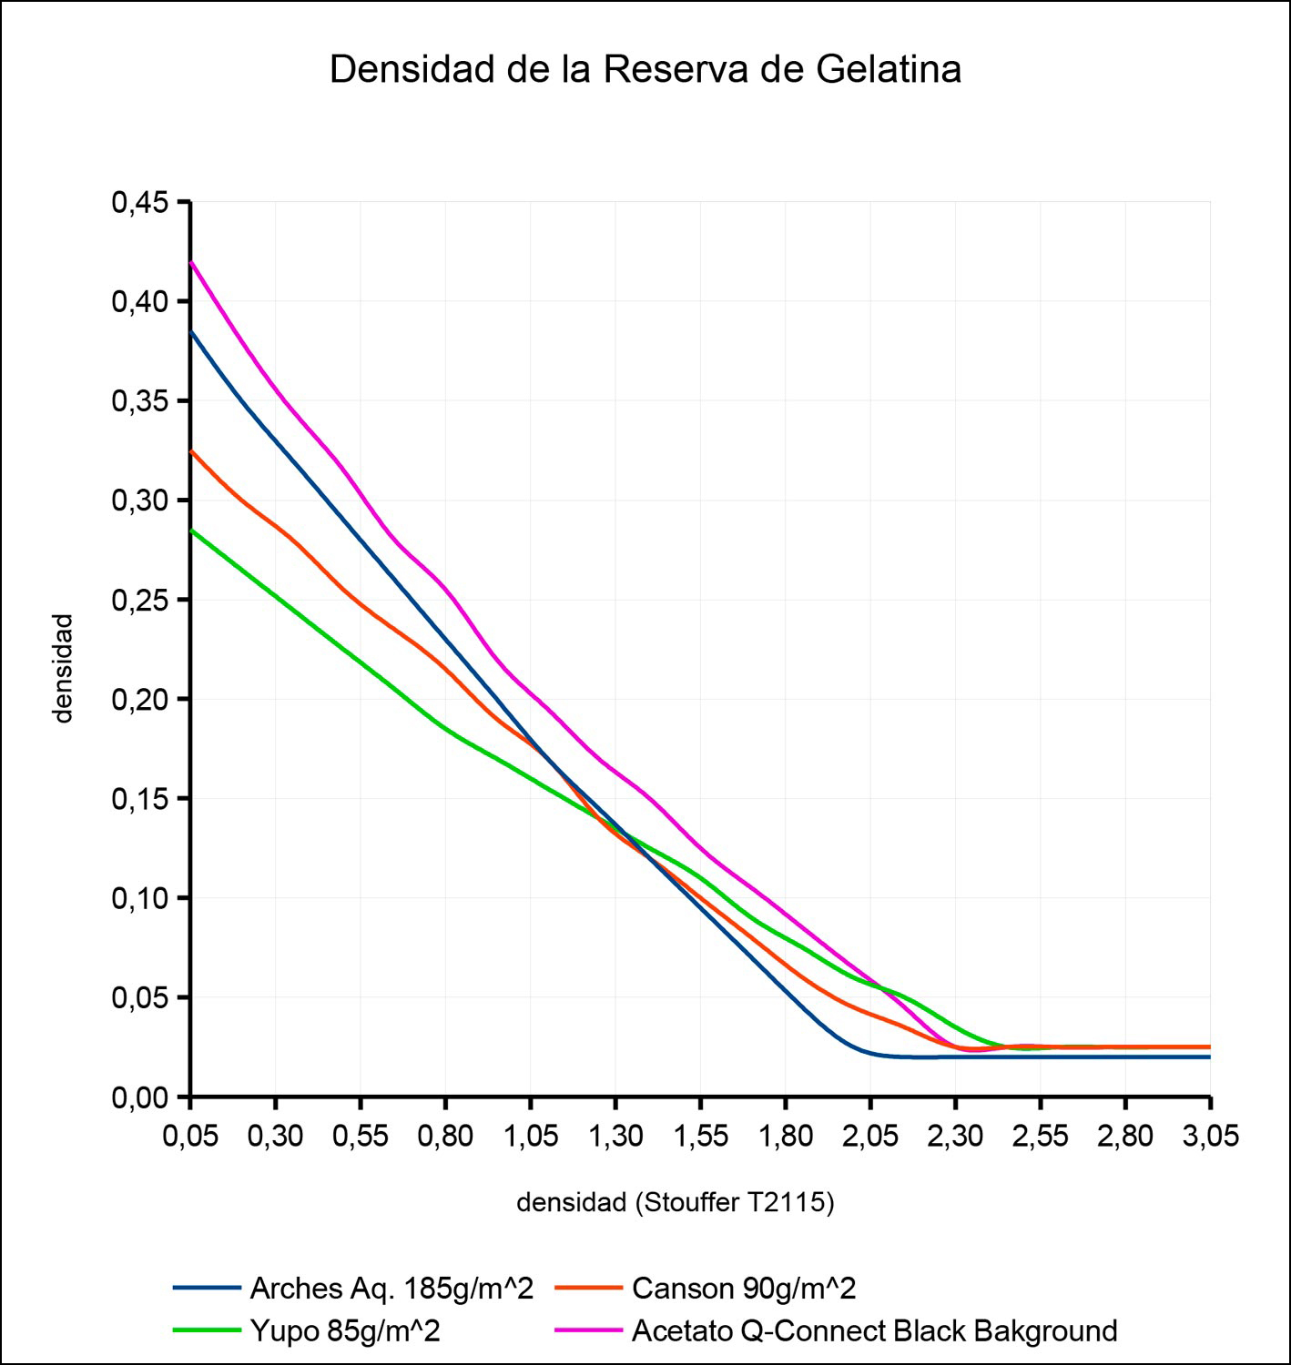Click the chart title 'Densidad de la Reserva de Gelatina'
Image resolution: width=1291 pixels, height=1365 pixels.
click(645, 70)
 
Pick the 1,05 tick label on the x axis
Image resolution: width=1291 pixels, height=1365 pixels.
click(530, 1137)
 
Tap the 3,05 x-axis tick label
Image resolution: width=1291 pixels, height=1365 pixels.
click(1210, 1137)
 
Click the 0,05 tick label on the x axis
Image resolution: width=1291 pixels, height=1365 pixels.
click(190, 1137)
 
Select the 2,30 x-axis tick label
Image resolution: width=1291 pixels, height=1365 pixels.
click(955, 1137)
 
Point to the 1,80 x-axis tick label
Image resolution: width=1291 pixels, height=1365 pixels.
click(785, 1137)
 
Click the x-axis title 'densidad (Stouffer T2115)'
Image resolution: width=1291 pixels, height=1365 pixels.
click(676, 1202)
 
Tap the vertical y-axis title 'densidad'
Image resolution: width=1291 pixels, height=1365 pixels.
click(62, 668)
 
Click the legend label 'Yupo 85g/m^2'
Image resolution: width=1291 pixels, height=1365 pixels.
click(344, 1330)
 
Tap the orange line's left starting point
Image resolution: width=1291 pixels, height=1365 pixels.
click(191, 450)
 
